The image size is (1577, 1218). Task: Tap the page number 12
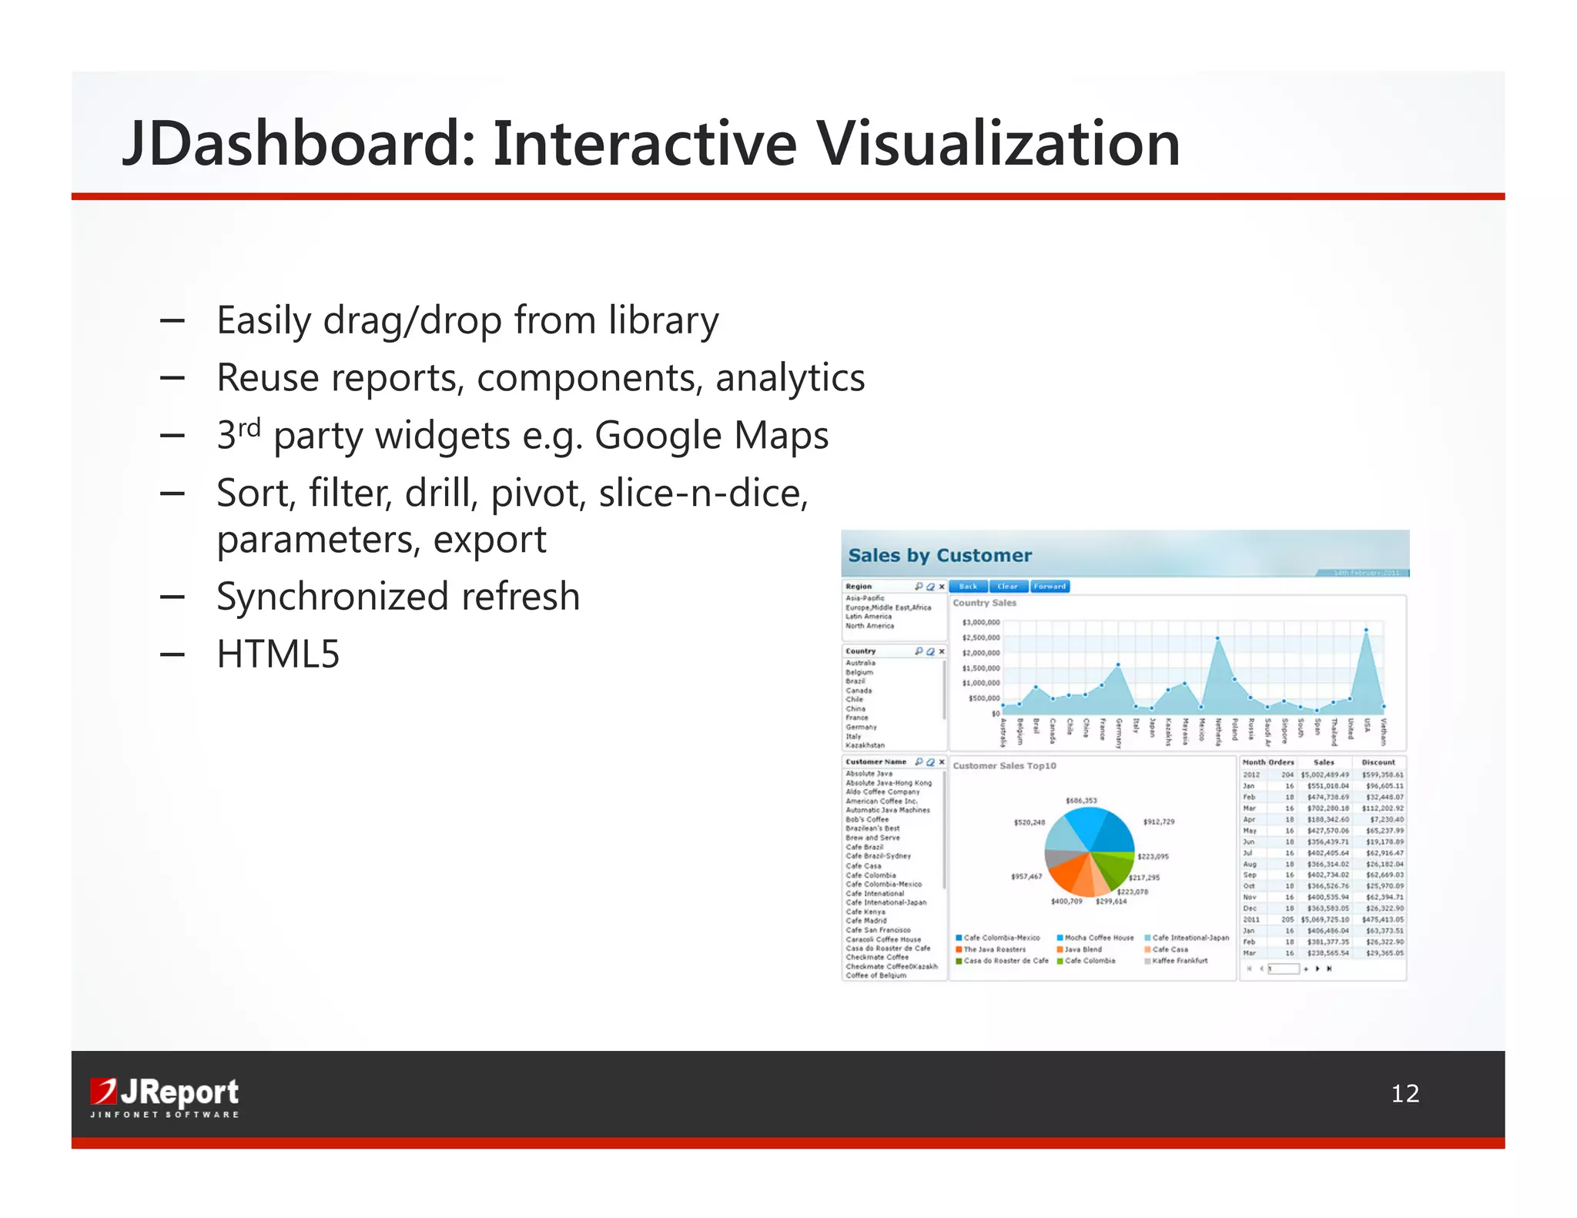point(1405,1093)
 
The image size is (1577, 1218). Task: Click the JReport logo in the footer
point(164,1096)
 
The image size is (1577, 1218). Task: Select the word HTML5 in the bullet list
point(278,654)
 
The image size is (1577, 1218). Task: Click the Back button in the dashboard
point(968,587)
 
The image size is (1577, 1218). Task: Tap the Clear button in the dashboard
point(1007,587)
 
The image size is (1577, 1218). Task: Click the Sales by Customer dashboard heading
point(939,555)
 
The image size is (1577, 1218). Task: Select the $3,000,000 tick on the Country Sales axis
point(980,622)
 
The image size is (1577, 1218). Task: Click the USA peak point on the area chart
point(1367,630)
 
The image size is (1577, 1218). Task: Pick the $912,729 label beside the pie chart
point(1158,822)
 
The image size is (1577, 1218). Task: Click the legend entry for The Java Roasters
point(994,949)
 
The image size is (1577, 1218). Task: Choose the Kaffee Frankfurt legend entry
point(1180,961)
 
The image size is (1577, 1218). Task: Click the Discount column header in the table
point(1378,762)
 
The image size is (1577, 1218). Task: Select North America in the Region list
point(869,626)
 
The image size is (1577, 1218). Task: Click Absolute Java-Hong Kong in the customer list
point(889,783)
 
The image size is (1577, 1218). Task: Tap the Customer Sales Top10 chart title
point(1004,766)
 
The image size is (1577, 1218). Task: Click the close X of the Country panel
point(942,651)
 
